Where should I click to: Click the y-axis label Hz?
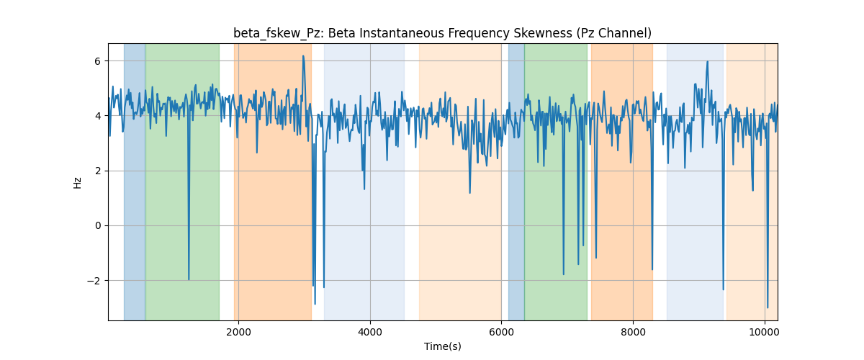pyautogui.click(x=78, y=183)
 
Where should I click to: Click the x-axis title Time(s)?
pyautogui.click(x=442, y=346)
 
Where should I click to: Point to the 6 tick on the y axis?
pyautogui.click(x=98, y=61)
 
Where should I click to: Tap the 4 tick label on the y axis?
pyautogui.click(x=98, y=116)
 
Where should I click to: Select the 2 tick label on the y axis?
pyautogui.click(x=98, y=171)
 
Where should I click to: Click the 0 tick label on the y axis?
pyautogui.click(x=98, y=226)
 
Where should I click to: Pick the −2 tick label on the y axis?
pyautogui.click(x=94, y=281)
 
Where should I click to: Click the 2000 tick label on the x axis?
pyautogui.click(x=239, y=332)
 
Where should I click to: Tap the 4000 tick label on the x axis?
pyautogui.click(x=370, y=332)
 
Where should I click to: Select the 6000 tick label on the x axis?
pyautogui.click(x=501, y=332)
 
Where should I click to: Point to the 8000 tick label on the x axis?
pyautogui.click(x=633, y=332)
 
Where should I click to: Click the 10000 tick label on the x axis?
pyautogui.click(x=765, y=332)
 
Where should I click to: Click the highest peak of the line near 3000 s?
pyautogui.click(x=303, y=56)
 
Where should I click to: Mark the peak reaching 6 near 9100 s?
pyautogui.click(x=707, y=61)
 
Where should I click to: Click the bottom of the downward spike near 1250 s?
pyautogui.click(x=189, y=279)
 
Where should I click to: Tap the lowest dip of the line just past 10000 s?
pyautogui.click(x=768, y=307)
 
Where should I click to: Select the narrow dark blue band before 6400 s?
pyautogui.click(x=516, y=181)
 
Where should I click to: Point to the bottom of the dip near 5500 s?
pyautogui.click(x=469, y=192)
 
